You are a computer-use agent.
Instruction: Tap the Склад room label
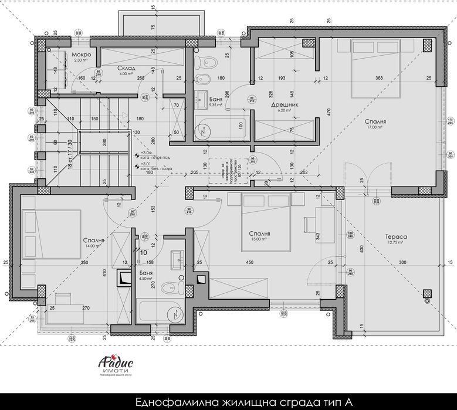[127, 68]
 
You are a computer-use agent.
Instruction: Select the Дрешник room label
[281, 104]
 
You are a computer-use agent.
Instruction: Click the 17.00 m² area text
[376, 126]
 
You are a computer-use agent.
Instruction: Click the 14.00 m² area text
[93, 247]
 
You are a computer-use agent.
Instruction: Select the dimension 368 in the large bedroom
[379, 78]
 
